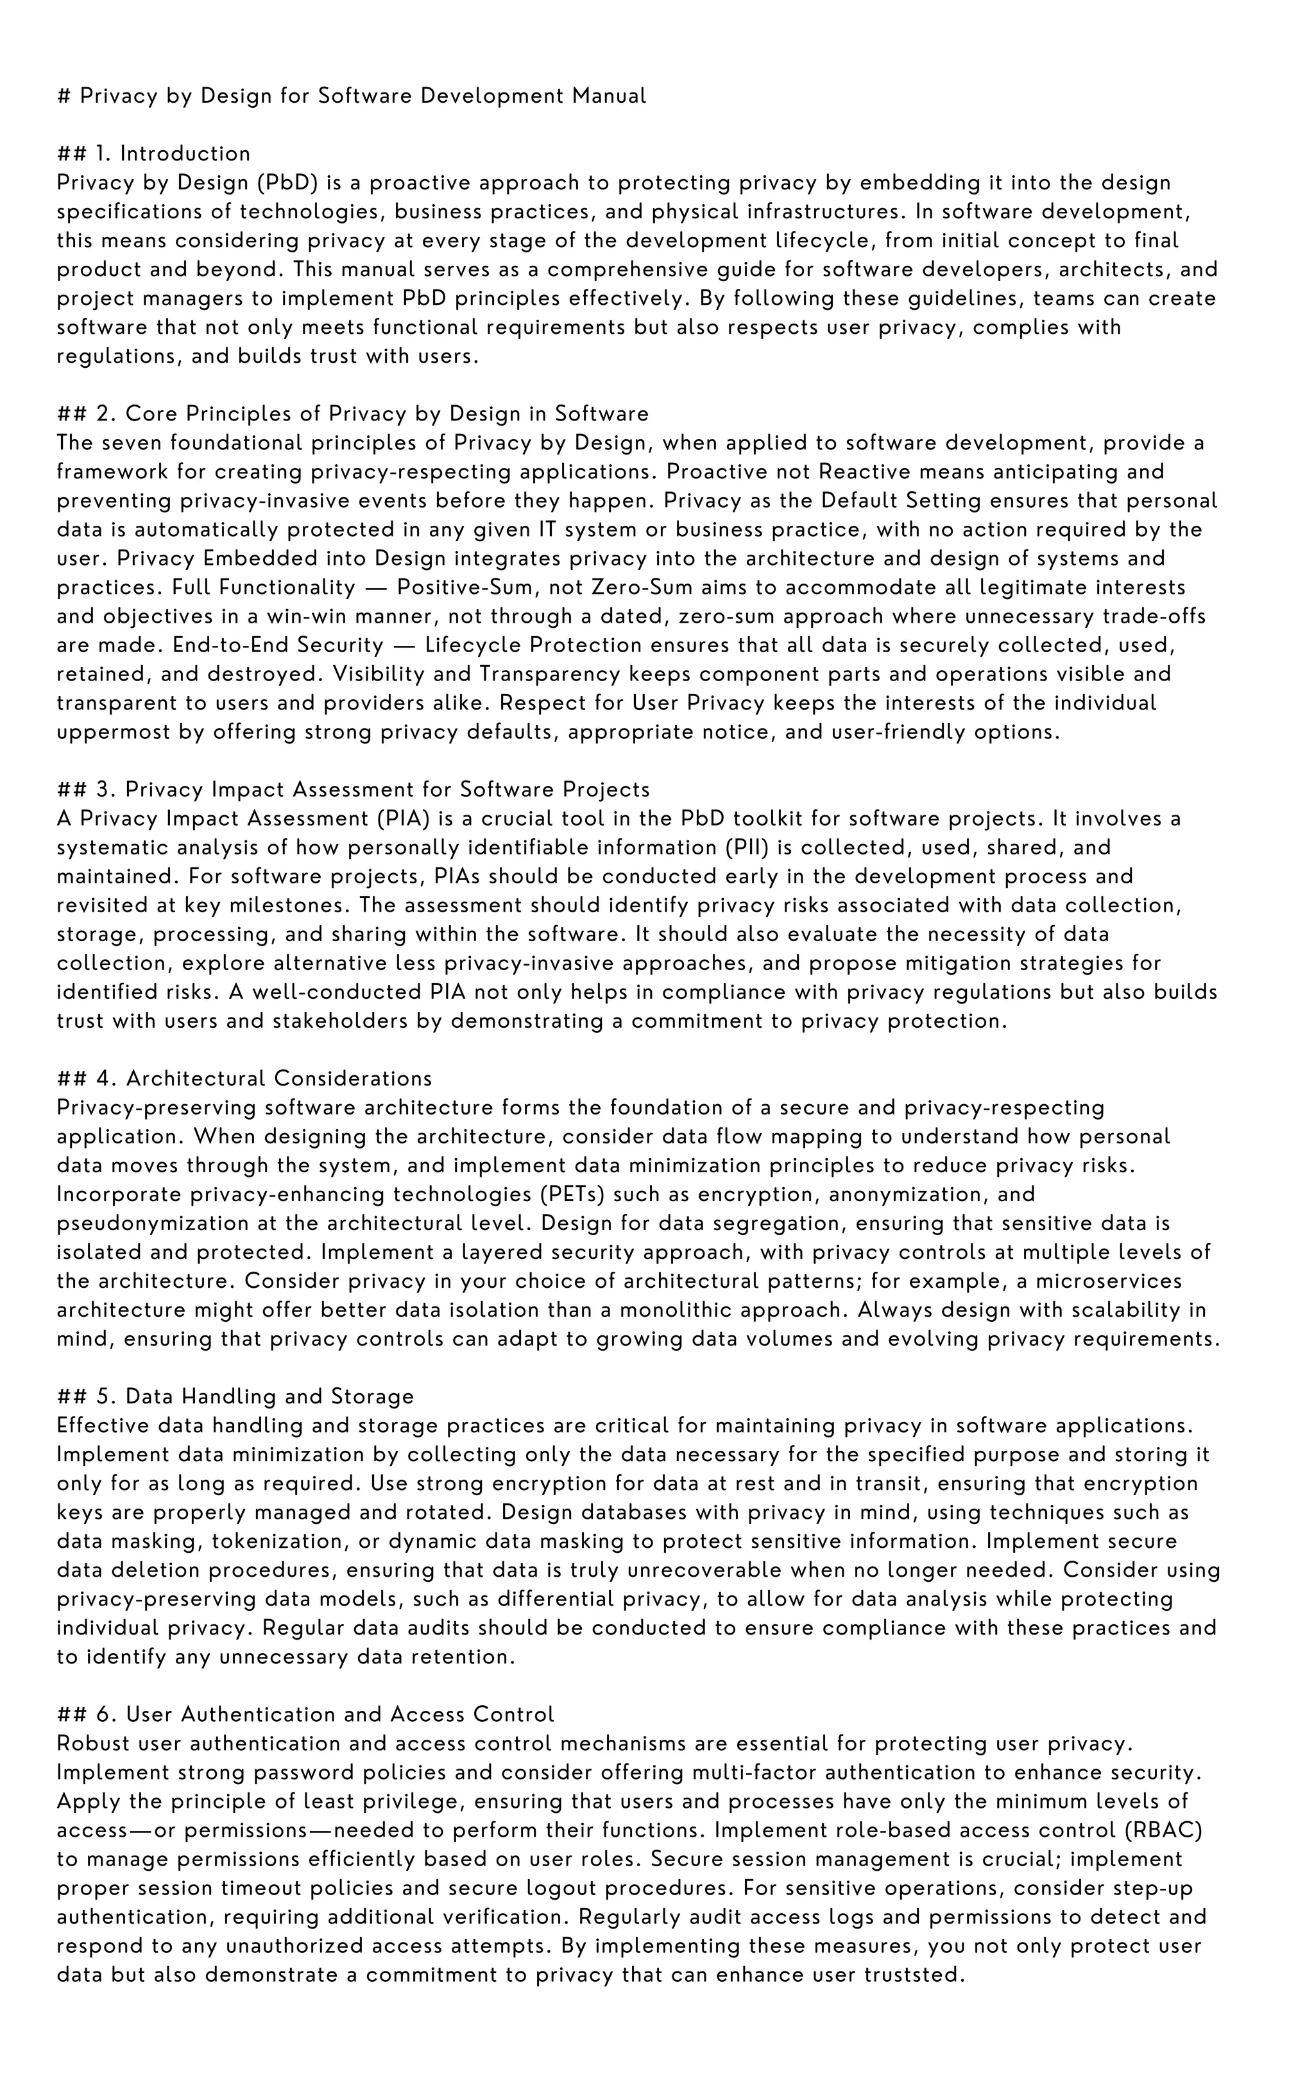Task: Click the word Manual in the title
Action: [608, 96]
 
